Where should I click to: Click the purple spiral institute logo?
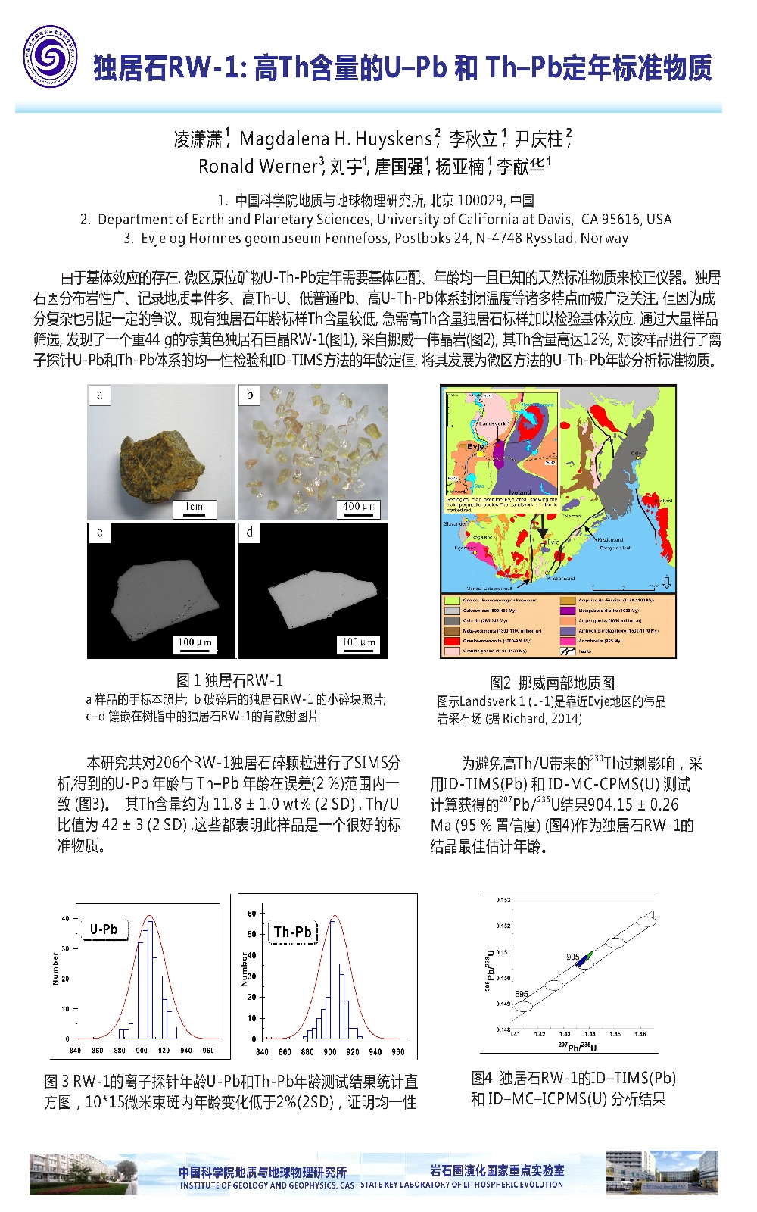coord(50,56)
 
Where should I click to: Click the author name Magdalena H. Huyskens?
coord(335,139)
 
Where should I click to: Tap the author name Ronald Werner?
coord(257,166)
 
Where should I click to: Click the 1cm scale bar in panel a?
coord(195,509)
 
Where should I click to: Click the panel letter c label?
coord(99,533)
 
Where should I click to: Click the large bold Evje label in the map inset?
coord(475,446)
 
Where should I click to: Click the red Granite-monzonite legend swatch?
coord(452,640)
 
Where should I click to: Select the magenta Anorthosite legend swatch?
coord(567,640)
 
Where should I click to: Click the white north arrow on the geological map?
coord(666,582)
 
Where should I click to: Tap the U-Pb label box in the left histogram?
coord(104,929)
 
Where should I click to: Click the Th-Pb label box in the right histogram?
coord(293,932)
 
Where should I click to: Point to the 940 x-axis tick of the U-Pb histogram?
coord(185,1051)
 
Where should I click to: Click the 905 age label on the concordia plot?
coord(572,957)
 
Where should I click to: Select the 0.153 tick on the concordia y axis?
coord(503,900)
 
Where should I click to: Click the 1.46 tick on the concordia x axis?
coord(640,1034)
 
